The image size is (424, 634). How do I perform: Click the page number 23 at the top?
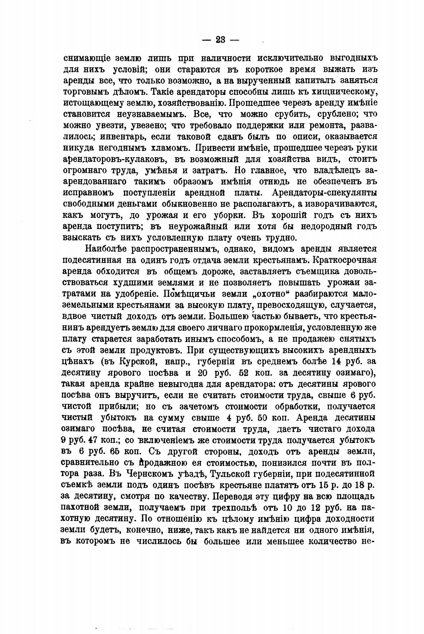click(x=221, y=40)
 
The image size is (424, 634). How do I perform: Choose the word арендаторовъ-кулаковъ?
click(x=116, y=159)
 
